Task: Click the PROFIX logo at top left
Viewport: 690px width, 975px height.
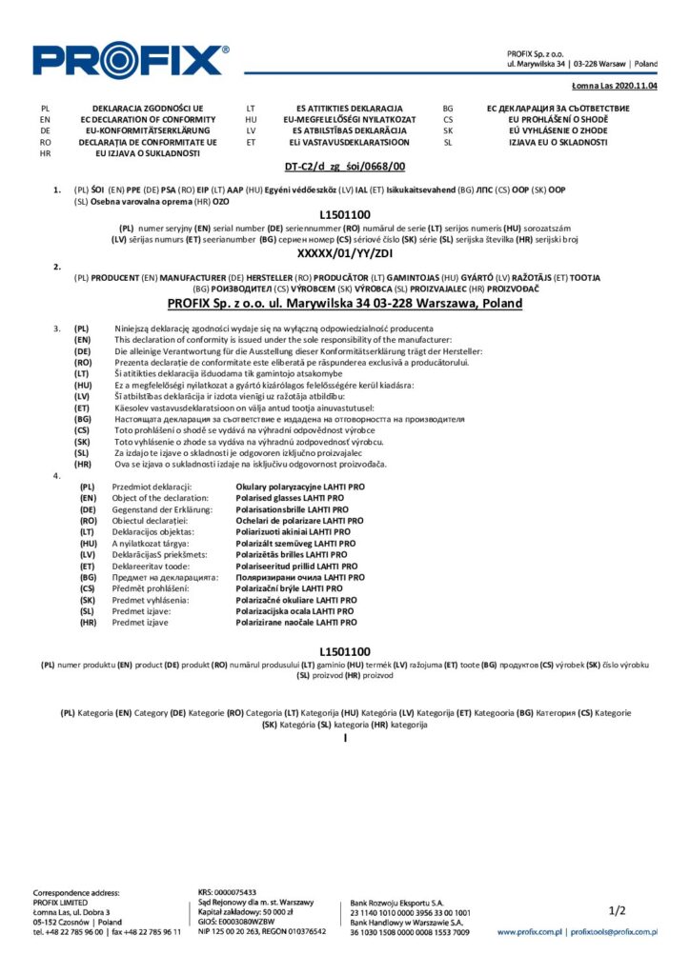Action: click(x=131, y=60)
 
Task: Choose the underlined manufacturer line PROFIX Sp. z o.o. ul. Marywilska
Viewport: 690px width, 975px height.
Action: click(x=344, y=304)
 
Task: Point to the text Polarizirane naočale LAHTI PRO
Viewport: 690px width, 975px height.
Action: click(x=296, y=623)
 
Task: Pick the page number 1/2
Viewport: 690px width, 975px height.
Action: click(x=617, y=911)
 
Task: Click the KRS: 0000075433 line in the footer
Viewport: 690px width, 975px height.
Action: click(x=227, y=892)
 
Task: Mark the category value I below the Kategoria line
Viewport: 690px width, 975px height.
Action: click(x=345, y=738)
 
